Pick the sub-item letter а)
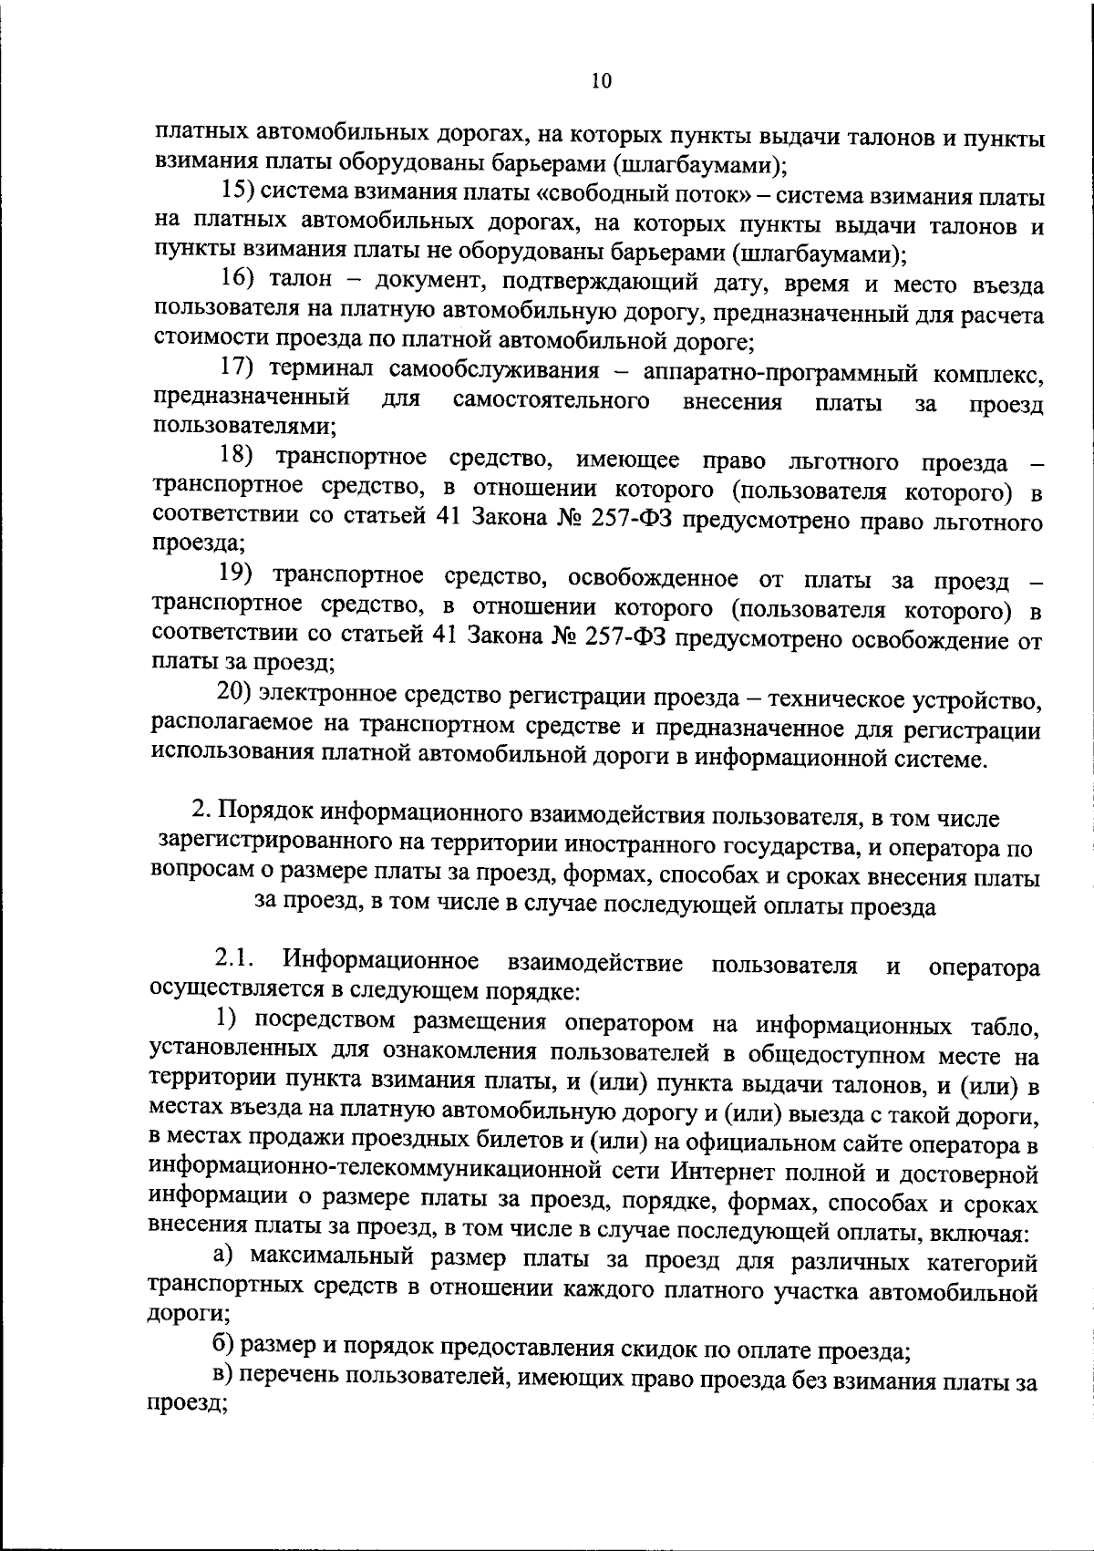[225, 1257]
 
